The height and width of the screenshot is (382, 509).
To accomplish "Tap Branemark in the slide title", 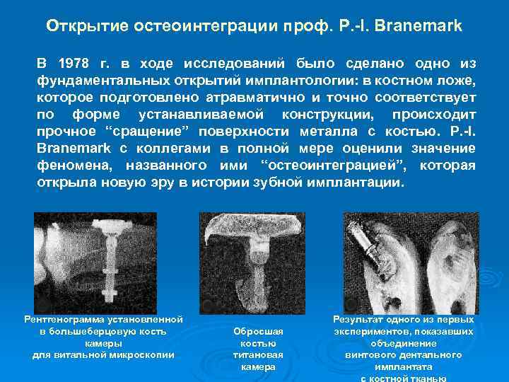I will coord(421,26).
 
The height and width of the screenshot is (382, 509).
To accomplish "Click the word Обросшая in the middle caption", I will coord(258,332).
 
